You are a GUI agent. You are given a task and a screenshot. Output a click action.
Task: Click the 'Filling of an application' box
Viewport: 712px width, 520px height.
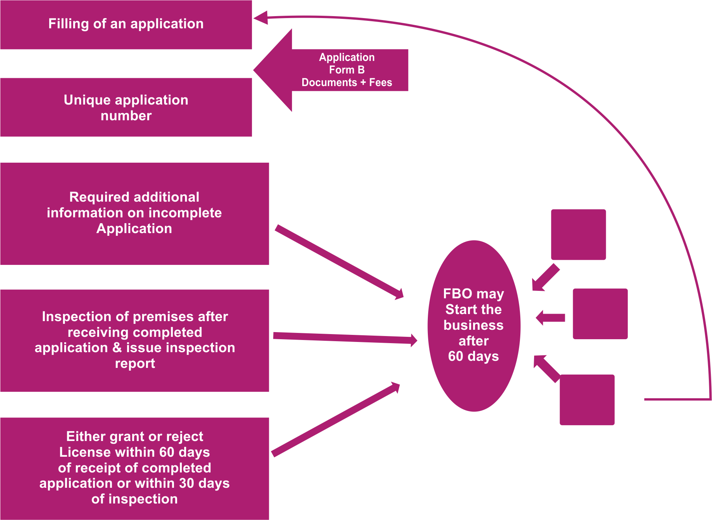point(126,24)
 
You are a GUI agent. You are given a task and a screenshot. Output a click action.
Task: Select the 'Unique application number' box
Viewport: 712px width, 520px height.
point(126,107)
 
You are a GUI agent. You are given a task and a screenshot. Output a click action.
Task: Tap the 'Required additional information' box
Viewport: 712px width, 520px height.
point(134,213)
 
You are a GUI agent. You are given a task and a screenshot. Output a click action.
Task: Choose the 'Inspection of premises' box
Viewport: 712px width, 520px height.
point(134,340)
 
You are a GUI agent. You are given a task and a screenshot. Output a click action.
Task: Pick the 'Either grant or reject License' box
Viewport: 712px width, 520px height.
point(134,468)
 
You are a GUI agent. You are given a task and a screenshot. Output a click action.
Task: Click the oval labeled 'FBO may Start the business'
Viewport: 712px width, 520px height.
point(474,325)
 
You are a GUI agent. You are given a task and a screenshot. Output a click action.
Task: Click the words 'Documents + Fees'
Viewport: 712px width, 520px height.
point(347,83)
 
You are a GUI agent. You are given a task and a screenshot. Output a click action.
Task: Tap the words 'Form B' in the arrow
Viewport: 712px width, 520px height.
point(347,70)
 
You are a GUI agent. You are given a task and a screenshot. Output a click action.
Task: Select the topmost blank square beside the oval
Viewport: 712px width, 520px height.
point(578,234)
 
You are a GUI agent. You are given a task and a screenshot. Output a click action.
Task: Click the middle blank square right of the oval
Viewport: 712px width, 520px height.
point(600,314)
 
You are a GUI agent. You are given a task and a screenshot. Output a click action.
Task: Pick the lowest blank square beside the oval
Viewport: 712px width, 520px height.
point(587,399)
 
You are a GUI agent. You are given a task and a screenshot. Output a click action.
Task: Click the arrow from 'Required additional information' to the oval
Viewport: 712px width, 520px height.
point(338,261)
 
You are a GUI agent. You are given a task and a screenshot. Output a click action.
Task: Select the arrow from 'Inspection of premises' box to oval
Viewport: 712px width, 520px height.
point(344,338)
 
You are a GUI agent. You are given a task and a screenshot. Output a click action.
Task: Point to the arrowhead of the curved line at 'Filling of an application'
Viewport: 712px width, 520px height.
point(261,18)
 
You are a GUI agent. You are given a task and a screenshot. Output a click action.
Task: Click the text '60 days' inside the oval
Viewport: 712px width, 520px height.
point(473,356)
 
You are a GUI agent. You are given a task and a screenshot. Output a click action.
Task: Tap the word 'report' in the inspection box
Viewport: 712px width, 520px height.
point(135,364)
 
